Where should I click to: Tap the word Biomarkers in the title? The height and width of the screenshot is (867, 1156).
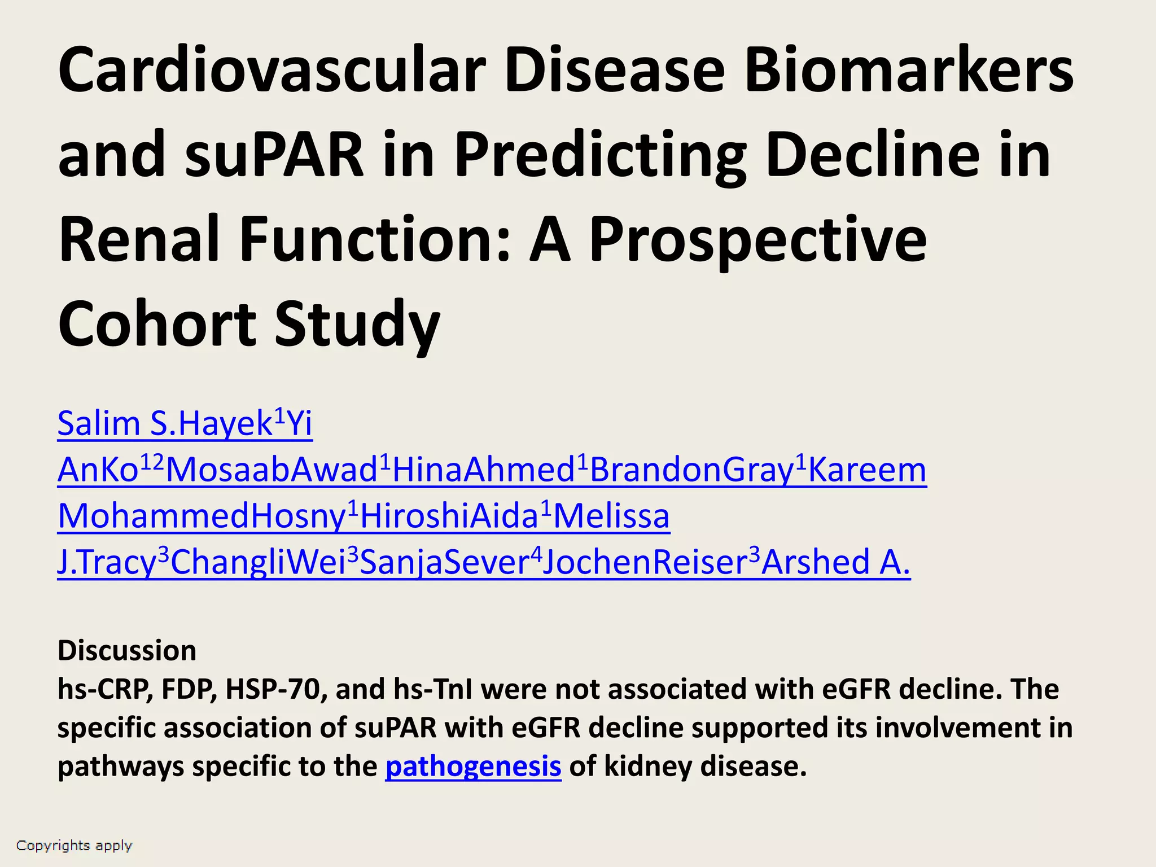point(909,70)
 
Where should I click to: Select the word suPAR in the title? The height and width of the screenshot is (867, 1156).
point(274,155)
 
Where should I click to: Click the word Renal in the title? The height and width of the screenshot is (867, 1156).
point(139,239)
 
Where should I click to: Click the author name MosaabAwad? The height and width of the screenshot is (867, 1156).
point(271,470)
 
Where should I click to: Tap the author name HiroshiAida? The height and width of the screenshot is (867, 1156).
point(449,516)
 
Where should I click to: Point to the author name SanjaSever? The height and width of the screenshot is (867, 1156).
point(444,562)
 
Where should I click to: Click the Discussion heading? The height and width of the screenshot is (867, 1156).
point(127,651)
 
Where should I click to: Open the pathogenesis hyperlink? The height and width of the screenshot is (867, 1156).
point(473,767)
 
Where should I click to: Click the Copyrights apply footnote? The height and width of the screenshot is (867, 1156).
point(74,846)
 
